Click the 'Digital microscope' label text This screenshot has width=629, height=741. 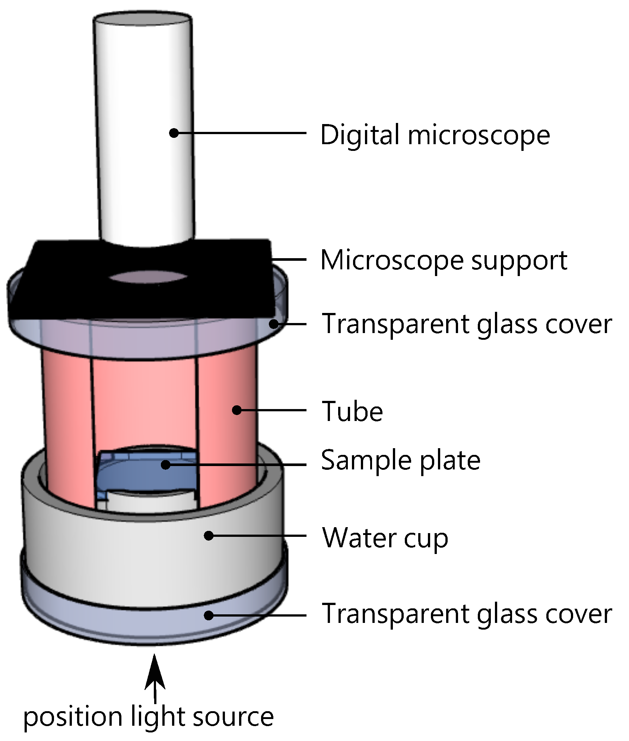(x=435, y=135)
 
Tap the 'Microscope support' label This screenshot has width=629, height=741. (x=444, y=260)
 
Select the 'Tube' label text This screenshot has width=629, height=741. (x=352, y=411)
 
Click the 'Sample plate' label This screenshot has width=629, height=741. (x=401, y=460)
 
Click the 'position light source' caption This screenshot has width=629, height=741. (x=148, y=717)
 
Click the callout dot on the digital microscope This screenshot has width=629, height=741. (x=174, y=133)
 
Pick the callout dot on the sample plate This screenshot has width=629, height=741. (x=166, y=465)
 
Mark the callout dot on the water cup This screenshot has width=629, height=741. (x=209, y=536)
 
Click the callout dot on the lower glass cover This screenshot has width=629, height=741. (x=209, y=615)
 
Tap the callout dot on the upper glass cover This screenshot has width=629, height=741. (x=274, y=324)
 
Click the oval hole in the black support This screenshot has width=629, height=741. (x=148, y=277)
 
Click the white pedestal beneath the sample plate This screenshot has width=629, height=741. (x=147, y=501)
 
